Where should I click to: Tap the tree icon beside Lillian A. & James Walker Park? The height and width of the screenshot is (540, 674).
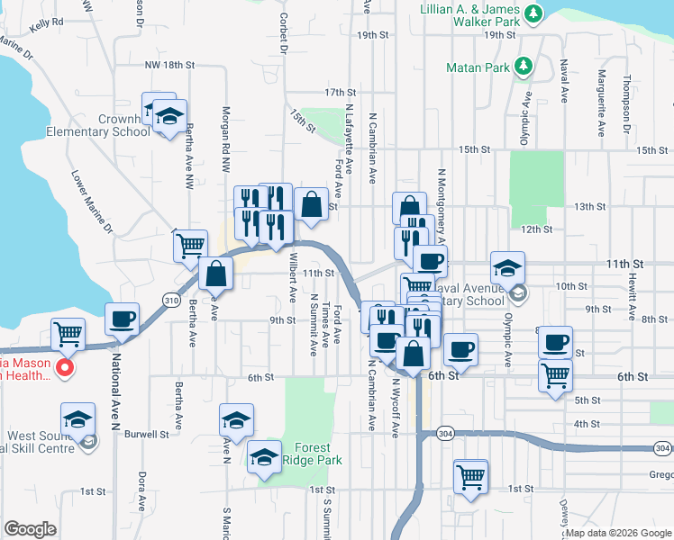point(533,13)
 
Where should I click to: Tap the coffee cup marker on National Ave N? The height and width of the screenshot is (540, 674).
point(122,318)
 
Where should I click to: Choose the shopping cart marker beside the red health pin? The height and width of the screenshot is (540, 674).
point(68,334)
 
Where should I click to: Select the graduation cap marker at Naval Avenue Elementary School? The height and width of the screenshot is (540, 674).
point(507,266)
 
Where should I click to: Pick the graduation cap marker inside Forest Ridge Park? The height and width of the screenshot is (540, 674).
point(265,457)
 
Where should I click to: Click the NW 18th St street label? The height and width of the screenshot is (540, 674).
point(169,66)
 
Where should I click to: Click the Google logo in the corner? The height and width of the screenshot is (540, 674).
point(31,529)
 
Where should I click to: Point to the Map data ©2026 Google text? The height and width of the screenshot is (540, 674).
point(617,533)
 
